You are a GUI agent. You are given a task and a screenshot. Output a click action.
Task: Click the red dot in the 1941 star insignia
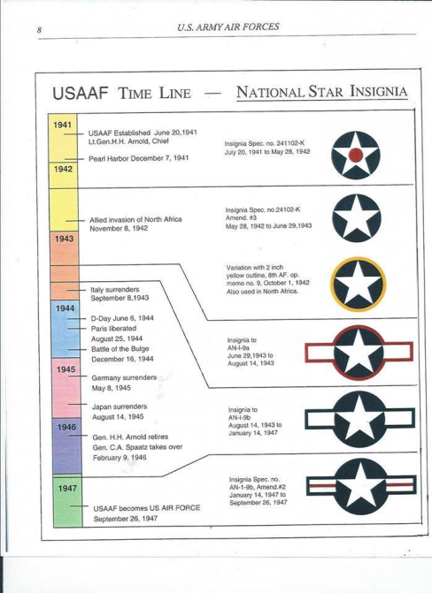coord(356,155)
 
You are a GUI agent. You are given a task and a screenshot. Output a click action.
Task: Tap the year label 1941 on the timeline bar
coord(63,125)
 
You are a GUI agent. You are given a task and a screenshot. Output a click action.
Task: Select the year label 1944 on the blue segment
coord(65,308)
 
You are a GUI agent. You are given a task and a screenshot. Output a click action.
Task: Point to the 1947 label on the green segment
coord(67,488)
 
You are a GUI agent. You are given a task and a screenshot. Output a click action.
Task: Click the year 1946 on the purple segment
coord(66,427)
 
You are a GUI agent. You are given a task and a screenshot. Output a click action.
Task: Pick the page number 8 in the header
coord(39,30)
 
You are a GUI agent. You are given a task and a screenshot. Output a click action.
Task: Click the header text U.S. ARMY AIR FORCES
coord(228,27)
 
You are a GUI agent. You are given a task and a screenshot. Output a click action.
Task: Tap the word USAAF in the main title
coord(81,93)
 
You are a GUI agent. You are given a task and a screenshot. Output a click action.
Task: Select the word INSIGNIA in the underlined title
coord(379,92)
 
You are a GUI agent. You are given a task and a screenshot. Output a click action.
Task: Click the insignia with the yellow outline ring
coord(358,284)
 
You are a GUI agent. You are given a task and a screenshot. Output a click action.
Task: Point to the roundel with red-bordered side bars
coord(359,353)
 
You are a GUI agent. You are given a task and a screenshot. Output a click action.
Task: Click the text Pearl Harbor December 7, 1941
coord(139,158)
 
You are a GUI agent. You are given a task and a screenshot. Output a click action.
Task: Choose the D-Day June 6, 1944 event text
coord(122,318)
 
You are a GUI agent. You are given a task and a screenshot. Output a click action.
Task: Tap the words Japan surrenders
coord(120,407)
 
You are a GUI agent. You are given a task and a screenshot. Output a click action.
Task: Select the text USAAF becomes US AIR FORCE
coord(147,508)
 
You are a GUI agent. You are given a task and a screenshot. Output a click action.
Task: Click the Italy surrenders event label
coord(115,289)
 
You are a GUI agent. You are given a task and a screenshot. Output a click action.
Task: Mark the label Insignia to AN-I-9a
coord(243,344)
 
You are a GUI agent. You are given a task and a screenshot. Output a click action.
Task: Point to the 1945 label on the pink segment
coord(66,369)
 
